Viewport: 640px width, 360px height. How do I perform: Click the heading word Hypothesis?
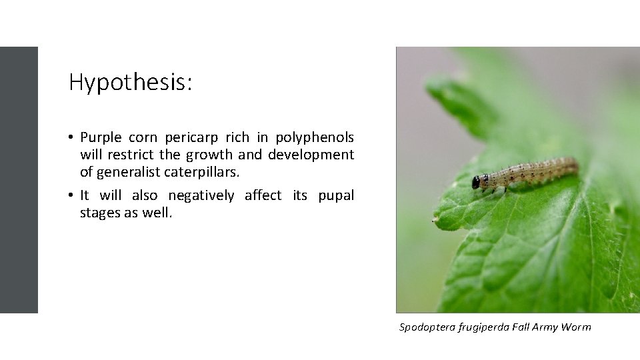point(130,83)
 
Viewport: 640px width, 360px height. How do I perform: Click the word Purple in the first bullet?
point(101,138)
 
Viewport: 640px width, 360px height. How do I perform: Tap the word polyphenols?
point(314,138)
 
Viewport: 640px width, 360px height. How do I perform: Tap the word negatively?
point(201,195)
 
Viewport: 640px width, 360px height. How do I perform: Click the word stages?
point(100,213)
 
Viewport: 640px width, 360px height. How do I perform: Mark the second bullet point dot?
point(70,196)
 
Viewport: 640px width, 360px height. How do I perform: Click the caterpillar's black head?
point(476,182)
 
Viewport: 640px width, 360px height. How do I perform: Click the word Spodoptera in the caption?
point(427,327)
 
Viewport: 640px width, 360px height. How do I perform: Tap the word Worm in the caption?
point(576,327)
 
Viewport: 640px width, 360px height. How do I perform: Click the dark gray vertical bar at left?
point(19,180)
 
